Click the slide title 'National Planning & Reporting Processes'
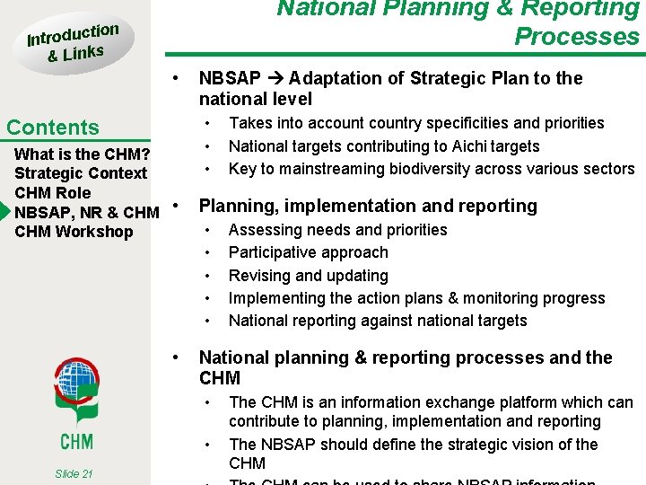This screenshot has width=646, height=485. coord(458,22)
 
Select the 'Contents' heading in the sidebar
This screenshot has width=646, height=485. coord(53,128)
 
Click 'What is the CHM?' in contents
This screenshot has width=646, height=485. coord(82,153)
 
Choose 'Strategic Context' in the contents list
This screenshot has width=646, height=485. coord(81,172)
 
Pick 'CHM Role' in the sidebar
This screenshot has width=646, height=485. coord(53,192)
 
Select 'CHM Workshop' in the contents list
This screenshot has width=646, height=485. coord(74,232)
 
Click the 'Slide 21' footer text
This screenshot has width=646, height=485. coord(73,473)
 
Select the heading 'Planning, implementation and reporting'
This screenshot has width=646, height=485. coord(367,206)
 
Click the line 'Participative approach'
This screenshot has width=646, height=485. coord(308,253)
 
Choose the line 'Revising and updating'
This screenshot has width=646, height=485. coord(308,276)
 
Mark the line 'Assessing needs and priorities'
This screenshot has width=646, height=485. coord(337,230)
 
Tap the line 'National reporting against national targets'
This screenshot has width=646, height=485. coord(378,321)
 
